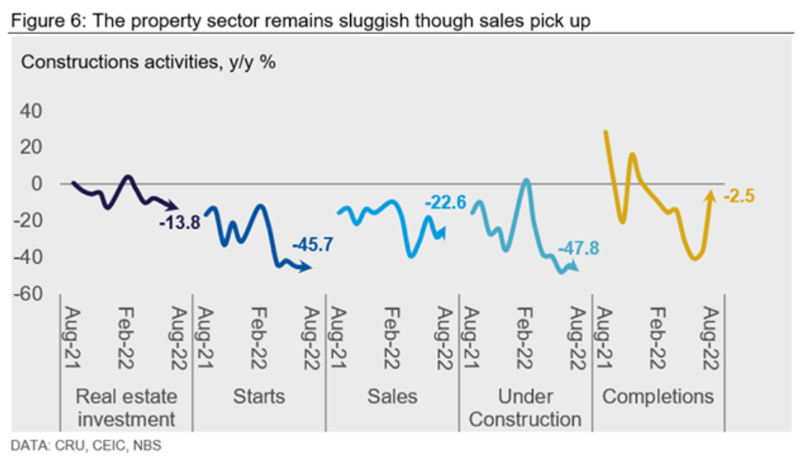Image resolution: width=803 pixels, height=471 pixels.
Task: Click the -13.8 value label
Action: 179,223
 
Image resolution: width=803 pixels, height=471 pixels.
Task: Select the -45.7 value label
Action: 312,245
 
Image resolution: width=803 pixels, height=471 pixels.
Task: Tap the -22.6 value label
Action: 445,202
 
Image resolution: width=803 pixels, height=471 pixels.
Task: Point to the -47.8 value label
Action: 579,249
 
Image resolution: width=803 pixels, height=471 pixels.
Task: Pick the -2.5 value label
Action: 738,196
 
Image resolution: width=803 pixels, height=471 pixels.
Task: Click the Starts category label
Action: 258,396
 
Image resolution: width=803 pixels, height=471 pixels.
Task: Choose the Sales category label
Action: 391,396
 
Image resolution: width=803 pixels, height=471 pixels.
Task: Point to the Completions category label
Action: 658,396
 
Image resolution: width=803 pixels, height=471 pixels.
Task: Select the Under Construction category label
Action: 525,407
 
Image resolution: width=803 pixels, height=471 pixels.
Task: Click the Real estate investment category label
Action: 126,407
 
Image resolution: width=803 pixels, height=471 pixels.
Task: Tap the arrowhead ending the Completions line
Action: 709,195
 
